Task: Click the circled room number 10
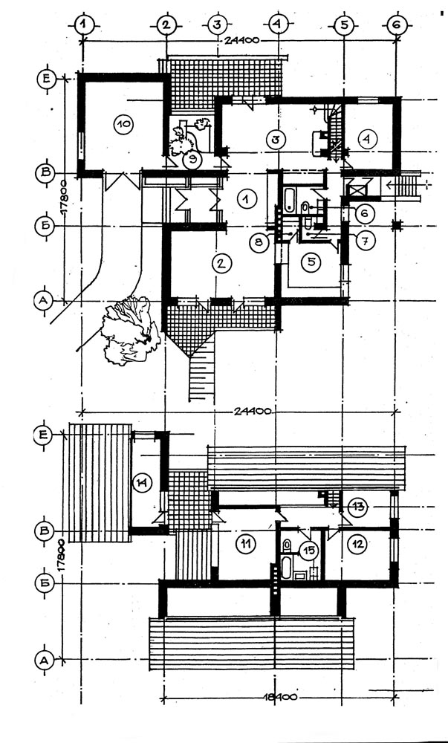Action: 123,124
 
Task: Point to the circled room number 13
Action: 358,507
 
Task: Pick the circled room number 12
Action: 358,543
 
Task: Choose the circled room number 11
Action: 245,544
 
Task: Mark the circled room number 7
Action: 364,239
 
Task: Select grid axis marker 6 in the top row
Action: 395,25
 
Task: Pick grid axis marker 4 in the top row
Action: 278,25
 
